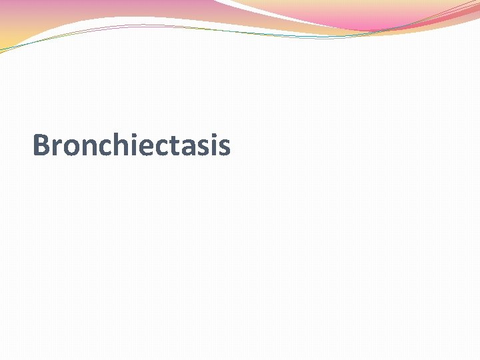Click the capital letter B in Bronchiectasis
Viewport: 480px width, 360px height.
click(41, 145)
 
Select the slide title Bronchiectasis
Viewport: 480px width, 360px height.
click(131, 146)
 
